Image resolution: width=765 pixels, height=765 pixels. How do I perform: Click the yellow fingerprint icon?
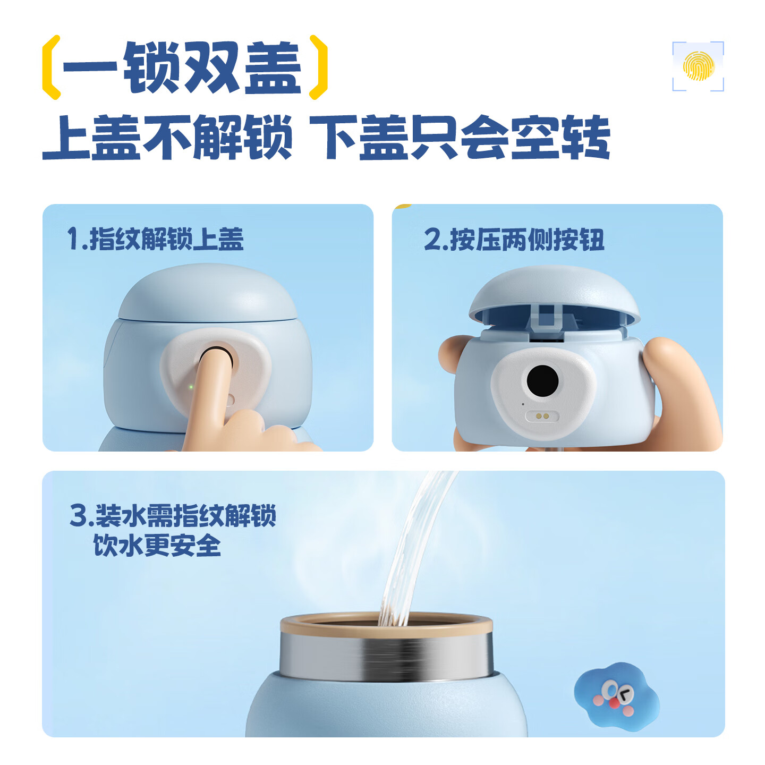(x=698, y=66)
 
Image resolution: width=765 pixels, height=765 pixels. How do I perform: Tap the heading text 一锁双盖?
(x=182, y=67)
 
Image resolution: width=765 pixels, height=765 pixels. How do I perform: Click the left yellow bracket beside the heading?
(x=52, y=67)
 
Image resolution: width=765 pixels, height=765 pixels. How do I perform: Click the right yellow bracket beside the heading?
(x=318, y=67)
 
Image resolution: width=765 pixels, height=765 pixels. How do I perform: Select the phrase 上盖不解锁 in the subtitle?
(x=167, y=137)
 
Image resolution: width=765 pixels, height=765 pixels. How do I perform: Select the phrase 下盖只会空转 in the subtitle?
(x=460, y=137)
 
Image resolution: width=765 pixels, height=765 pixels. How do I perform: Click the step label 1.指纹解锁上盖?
(x=155, y=239)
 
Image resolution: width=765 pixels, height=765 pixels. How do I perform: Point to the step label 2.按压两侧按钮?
(x=514, y=240)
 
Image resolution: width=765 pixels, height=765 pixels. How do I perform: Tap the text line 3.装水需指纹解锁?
(x=173, y=515)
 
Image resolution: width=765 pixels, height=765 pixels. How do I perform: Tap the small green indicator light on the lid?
(x=191, y=386)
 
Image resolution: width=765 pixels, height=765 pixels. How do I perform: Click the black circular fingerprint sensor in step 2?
(x=542, y=381)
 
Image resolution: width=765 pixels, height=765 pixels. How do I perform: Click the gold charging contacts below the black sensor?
(x=542, y=416)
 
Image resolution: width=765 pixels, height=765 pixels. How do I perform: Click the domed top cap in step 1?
(x=208, y=292)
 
